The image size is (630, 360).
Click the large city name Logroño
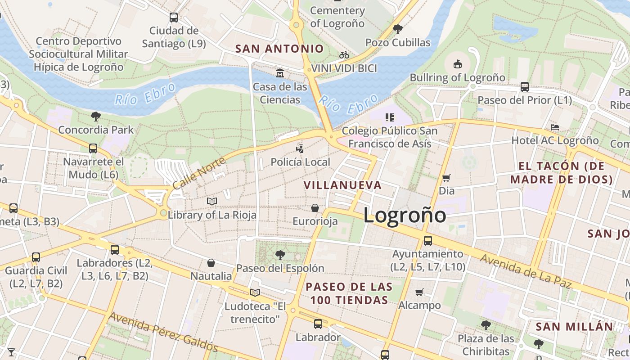(x=405, y=215)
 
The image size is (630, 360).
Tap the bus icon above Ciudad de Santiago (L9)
(x=173, y=18)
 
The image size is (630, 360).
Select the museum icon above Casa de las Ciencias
(x=280, y=73)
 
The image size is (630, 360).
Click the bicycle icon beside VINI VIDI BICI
(x=344, y=55)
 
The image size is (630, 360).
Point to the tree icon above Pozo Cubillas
(x=397, y=30)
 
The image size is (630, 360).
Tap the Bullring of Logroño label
(x=457, y=77)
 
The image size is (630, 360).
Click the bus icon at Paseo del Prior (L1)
(x=524, y=87)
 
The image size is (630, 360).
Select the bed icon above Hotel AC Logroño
(x=555, y=127)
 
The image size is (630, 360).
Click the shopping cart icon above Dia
(x=446, y=178)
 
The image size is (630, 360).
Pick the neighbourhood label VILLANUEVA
(x=342, y=185)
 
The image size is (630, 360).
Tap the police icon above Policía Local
(x=300, y=148)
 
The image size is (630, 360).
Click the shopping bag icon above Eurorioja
(x=315, y=208)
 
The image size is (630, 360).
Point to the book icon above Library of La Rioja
(x=211, y=201)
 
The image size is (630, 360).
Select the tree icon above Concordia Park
(x=95, y=117)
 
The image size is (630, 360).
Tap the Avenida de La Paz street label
(x=525, y=271)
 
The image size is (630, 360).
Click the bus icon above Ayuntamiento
(x=427, y=241)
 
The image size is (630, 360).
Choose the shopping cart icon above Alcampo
(x=419, y=292)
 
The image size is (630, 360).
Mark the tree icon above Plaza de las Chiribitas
(x=486, y=325)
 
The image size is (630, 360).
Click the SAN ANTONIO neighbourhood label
(x=279, y=49)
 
